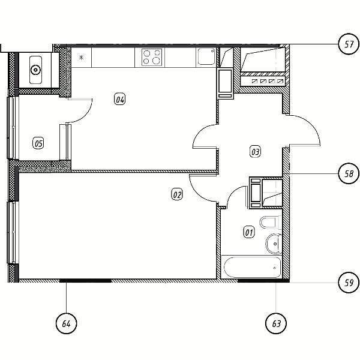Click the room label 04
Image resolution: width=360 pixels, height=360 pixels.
click(120, 100)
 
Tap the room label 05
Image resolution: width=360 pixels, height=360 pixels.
click(38, 143)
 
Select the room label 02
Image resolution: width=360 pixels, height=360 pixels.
click(177, 195)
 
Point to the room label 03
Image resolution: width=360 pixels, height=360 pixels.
click(256, 152)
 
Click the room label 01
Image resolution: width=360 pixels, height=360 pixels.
click(249, 233)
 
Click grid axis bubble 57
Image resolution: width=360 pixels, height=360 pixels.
click(349, 44)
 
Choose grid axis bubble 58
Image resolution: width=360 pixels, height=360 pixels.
click(349, 174)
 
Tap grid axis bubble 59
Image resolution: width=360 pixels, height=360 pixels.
click(349, 283)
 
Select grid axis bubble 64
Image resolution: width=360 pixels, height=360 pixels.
click(67, 323)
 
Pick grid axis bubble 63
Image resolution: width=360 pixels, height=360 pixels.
click(276, 323)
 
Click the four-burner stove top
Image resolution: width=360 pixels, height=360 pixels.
click(152, 57)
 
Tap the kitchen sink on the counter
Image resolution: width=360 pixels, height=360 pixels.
click(206, 56)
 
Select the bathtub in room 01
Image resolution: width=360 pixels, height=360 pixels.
click(252, 267)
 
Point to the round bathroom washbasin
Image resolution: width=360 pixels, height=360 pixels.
click(274, 244)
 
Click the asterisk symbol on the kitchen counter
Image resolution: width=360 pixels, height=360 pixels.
click(81, 58)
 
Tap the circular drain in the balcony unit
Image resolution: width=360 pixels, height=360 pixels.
click(35, 70)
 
